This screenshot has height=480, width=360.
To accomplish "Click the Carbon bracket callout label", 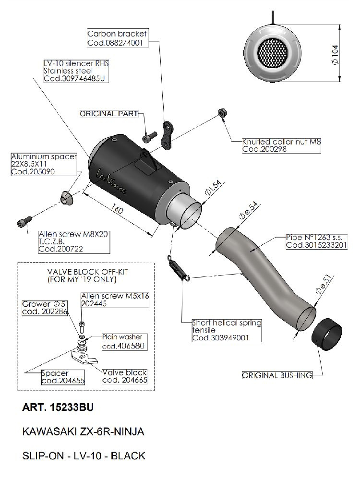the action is [x=117, y=38].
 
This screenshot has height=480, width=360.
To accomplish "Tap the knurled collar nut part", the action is [x=222, y=113].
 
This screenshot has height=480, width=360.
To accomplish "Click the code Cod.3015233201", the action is [x=316, y=245].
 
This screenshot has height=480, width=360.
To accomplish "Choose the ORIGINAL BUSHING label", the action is [x=277, y=375].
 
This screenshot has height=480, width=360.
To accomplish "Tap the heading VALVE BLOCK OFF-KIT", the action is [x=87, y=272].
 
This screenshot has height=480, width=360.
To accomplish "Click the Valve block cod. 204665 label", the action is [x=125, y=376].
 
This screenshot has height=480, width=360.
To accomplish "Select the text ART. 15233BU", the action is [x=58, y=408].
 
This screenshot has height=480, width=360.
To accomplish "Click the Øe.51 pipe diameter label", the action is [x=324, y=285].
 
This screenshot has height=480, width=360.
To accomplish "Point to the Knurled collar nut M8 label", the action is [x=281, y=145].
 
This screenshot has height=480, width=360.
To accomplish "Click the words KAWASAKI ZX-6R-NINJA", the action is [x=83, y=432].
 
